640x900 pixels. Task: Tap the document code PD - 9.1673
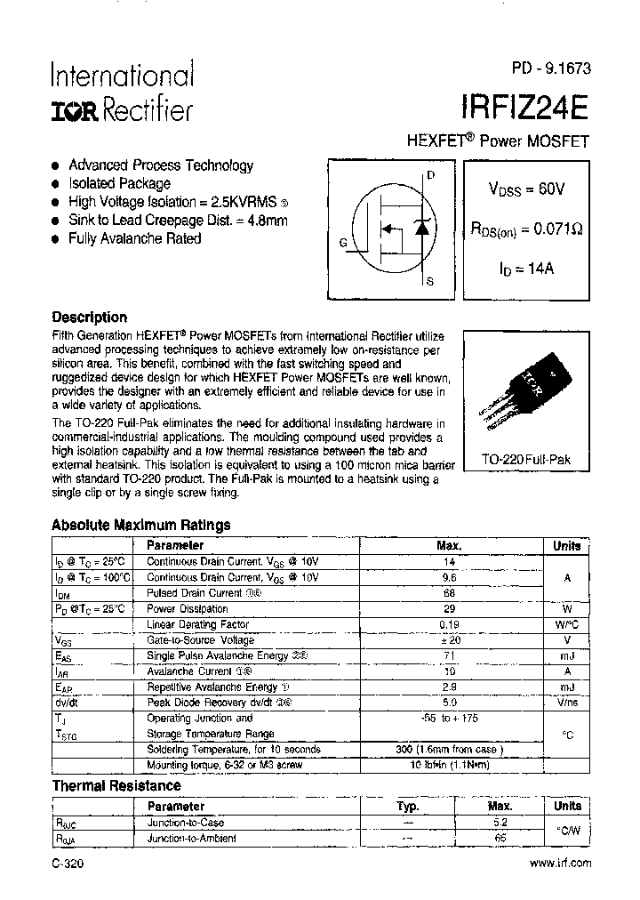(x=550, y=68)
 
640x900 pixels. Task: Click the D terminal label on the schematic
(x=431, y=175)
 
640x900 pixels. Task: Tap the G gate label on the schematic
(x=343, y=242)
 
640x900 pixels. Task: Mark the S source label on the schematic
(x=431, y=282)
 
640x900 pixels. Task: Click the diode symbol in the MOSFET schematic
(x=424, y=229)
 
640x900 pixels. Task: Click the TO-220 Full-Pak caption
(x=525, y=460)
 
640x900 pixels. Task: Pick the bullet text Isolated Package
(x=119, y=183)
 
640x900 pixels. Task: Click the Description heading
(x=89, y=317)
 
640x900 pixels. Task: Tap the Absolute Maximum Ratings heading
(x=140, y=525)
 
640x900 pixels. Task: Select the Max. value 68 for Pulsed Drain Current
(x=449, y=592)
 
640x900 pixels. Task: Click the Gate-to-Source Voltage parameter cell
(x=200, y=640)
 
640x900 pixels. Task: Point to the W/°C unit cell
(x=566, y=625)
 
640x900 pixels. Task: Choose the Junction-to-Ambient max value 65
(x=500, y=838)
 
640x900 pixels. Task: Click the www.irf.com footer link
(x=560, y=864)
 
